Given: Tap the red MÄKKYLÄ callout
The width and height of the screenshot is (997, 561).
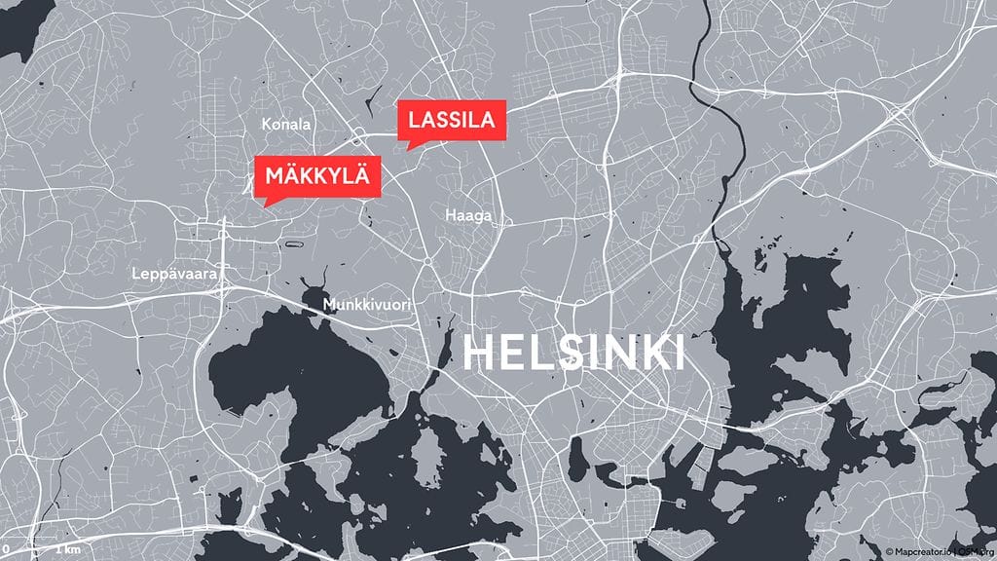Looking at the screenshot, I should coord(316,176).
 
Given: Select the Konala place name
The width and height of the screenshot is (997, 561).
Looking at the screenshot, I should coord(286,125).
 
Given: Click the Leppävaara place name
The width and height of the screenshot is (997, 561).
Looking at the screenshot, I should coord(173,276).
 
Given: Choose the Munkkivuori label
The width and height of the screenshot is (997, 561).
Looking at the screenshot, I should coord(365,307).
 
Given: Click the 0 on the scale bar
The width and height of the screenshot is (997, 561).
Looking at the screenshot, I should coord(6,550).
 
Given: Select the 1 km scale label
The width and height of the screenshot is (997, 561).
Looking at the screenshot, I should coord(67,550).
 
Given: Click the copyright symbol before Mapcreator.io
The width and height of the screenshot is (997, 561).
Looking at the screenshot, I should coord(889,552).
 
